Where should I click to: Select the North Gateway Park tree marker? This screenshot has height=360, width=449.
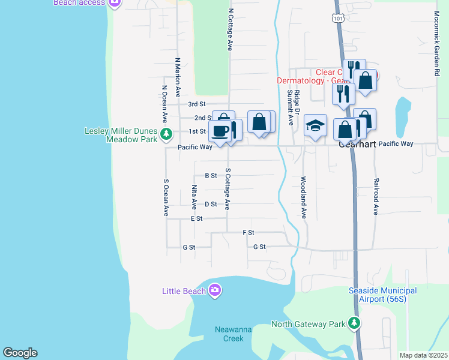[354, 324]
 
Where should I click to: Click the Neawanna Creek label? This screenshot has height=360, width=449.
[230, 334]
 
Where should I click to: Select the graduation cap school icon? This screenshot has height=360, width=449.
[315, 125]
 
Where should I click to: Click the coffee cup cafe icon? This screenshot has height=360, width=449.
[220, 131]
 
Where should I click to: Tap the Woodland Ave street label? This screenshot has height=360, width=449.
[304, 197]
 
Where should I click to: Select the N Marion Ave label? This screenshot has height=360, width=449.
[178, 77]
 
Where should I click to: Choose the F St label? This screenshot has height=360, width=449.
[249, 232]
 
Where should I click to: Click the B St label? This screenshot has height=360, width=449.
[211, 176]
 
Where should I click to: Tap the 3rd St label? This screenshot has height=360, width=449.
[197, 104]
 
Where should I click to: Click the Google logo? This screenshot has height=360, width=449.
[20, 353]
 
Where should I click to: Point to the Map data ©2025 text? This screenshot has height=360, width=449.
[423, 355]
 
